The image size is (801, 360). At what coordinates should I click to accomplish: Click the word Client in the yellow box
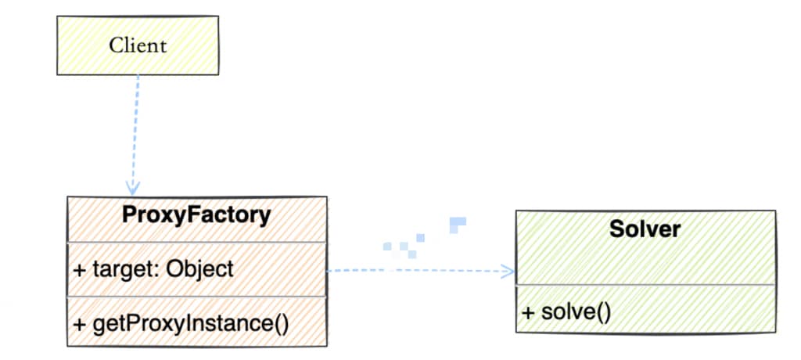pyautogui.click(x=138, y=45)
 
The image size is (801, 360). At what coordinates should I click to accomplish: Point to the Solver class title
pyautogui.click(x=645, y=229)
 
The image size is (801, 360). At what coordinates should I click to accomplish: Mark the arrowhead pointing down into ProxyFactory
pyautogui.click(x=133, y=188)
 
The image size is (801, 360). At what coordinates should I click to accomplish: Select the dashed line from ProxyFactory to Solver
pyautogui.click(x=415, y=272)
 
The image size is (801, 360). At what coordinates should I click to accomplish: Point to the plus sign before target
pyautogui.click(x=80, y=270)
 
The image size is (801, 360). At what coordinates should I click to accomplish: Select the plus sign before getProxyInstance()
pyautogui.click(x=80, y=323)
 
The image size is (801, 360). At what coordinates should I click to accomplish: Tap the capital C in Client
pyautogui.click(x=114, y=45)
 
